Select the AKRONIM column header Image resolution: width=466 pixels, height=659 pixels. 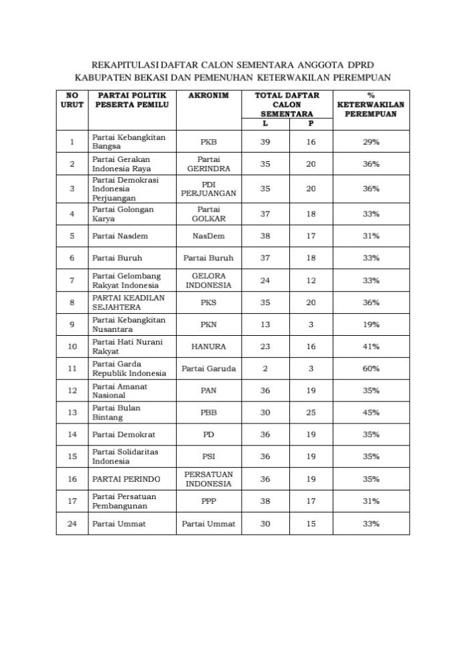208,96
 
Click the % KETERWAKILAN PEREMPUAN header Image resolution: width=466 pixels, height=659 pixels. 366,105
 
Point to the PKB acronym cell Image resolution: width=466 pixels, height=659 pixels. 208,143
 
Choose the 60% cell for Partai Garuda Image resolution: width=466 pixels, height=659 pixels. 366,369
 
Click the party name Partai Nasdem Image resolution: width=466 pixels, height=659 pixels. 120,236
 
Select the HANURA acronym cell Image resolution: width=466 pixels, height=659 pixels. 208,347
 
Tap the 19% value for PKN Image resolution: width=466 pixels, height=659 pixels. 366,324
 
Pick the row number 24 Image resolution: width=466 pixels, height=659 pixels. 72,524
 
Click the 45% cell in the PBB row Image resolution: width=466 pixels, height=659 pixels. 366,413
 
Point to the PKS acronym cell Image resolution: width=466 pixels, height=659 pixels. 208,302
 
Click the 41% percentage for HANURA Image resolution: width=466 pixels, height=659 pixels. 366,347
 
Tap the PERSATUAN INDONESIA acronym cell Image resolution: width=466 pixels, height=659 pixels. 208,479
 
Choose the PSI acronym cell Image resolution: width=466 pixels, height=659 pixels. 208,457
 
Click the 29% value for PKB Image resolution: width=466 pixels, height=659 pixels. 366,143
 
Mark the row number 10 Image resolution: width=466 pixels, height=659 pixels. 72,347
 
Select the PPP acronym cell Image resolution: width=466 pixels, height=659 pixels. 208,501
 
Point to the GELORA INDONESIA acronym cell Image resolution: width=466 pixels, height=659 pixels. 208,280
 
